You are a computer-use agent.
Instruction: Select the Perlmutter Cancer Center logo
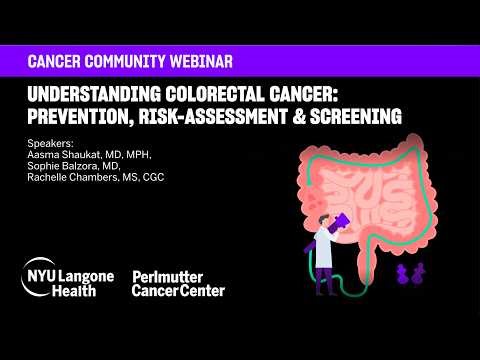(178, 283)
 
